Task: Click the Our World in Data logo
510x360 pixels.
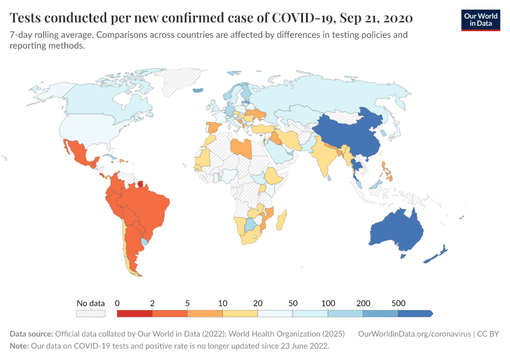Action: click(480, 20)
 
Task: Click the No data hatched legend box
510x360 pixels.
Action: click(91, 313)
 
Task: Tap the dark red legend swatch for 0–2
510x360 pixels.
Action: click(134, 313)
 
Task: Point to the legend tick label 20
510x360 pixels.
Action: click(257, 303)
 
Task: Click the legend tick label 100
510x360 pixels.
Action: click(328, 303)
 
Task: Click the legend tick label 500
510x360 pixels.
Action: click(398, 303)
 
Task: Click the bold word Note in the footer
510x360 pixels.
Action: click(20, 346)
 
